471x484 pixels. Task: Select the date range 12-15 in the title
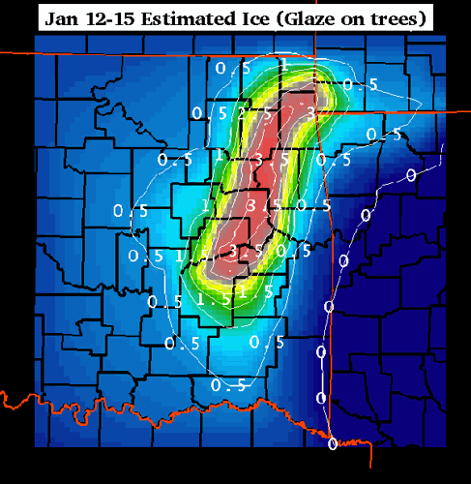(x=102, y=17)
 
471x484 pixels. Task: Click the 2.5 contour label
(x=253, y=113)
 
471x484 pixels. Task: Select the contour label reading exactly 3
(x=310, y=112)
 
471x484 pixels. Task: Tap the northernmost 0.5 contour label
(x=224, y=69)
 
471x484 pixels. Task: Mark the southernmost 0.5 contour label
(x=224, y=385)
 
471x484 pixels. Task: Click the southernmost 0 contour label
(x=333, y=444)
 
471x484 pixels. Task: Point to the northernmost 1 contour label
(x=283, y=64)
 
